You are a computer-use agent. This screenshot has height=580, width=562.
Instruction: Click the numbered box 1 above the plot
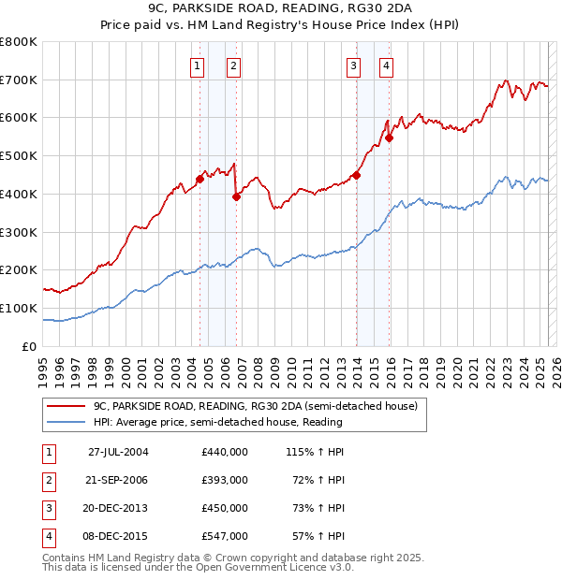click(x=199, y=65)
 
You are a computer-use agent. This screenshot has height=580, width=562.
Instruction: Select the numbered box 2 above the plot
click(x=232, y=65)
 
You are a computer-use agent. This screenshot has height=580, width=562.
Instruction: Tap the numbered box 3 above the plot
click(x=353, y=65)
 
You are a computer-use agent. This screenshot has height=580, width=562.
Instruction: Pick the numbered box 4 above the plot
click(x=386, y=65)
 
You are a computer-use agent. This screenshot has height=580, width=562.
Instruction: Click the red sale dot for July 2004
click(x=200, y=179)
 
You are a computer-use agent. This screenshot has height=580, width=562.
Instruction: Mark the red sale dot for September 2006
click(x=236, y=196)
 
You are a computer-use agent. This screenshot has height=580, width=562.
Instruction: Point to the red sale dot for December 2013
click(x=357, y=174)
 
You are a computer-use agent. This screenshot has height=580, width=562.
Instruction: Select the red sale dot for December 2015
click(x=390, y=138)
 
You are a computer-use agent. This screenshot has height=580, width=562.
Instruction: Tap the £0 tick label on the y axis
click(x=30, y=346)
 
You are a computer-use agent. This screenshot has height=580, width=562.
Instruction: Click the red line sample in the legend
click(x=65, y=405)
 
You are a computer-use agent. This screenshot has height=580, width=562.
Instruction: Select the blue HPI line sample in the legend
click(x=65, y=422)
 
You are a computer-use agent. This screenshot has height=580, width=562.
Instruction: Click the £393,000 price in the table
click(x=225, y=480)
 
